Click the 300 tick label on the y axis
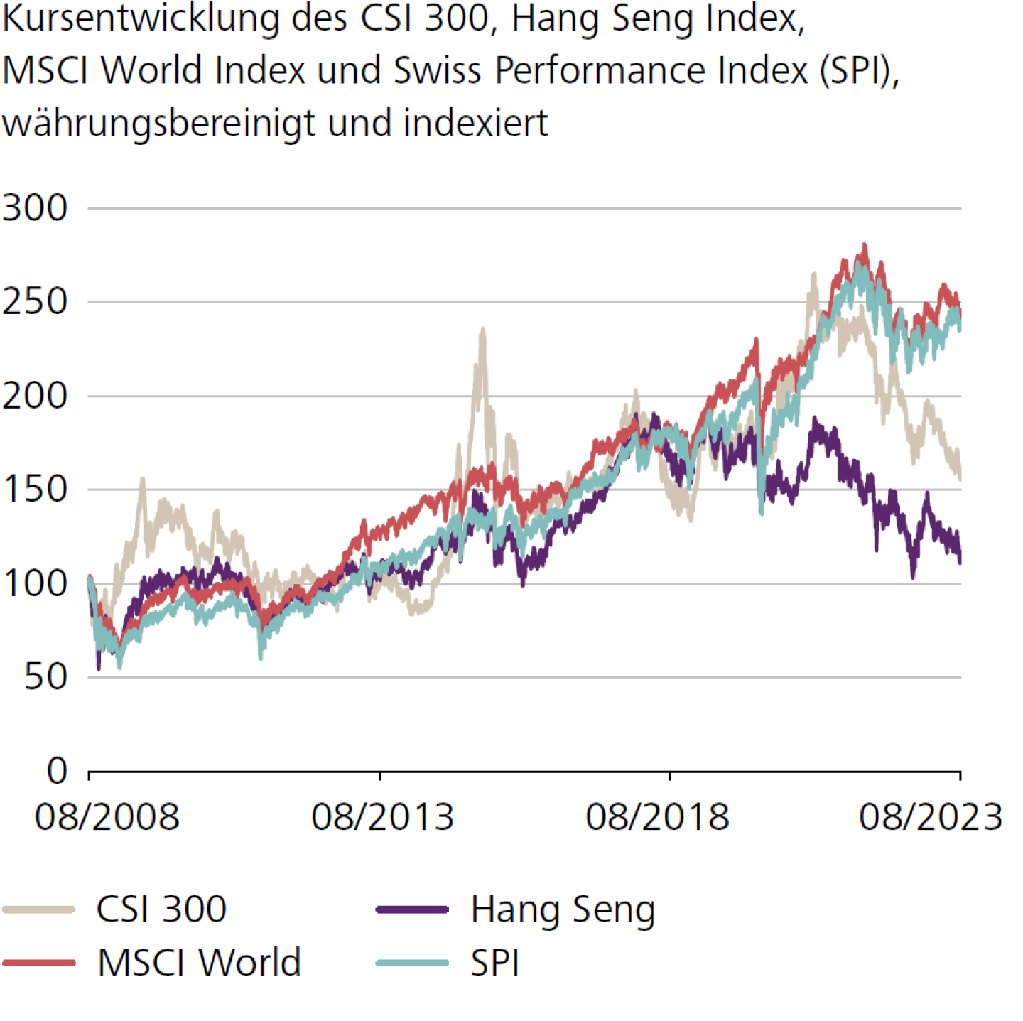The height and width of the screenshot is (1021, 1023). click(35, 208)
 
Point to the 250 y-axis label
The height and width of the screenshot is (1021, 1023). click(35, 302)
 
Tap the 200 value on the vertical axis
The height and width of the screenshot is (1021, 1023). click(35, 396)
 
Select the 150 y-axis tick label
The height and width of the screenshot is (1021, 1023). click(35, 490)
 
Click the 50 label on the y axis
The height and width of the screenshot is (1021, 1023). click(46, 677)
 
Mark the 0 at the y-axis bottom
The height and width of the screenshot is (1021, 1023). click(57, 771)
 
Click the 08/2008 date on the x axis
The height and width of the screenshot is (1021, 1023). click(107, 817)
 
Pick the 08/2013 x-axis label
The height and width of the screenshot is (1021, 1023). click(382, 817)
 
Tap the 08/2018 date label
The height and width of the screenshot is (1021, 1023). click(657, 817)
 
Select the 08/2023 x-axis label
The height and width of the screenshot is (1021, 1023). click(931, 817)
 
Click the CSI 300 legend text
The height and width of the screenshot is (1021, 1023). click(161, 909)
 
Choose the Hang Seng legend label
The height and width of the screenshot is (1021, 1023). click(563, 910)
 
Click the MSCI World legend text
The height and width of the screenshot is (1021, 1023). click(199, 963)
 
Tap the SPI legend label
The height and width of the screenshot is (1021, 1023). click(494, 963)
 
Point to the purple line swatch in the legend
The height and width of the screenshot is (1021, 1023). click(412, 909)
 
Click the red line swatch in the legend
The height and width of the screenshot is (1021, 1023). click(39, 963)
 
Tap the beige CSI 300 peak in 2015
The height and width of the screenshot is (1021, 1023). click(483, 330)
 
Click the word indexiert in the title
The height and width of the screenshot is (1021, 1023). click(475, 122)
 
